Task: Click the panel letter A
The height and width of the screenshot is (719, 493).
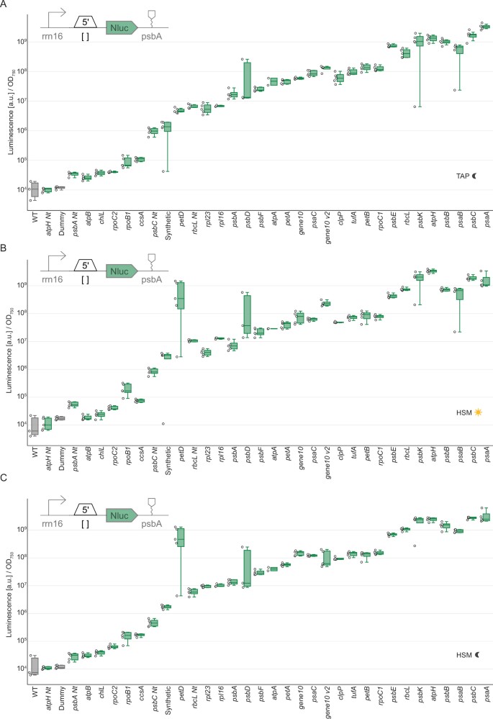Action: point(5,5)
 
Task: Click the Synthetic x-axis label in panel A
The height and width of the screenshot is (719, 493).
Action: point(166,224)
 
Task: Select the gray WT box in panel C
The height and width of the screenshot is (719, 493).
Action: point(35,667)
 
